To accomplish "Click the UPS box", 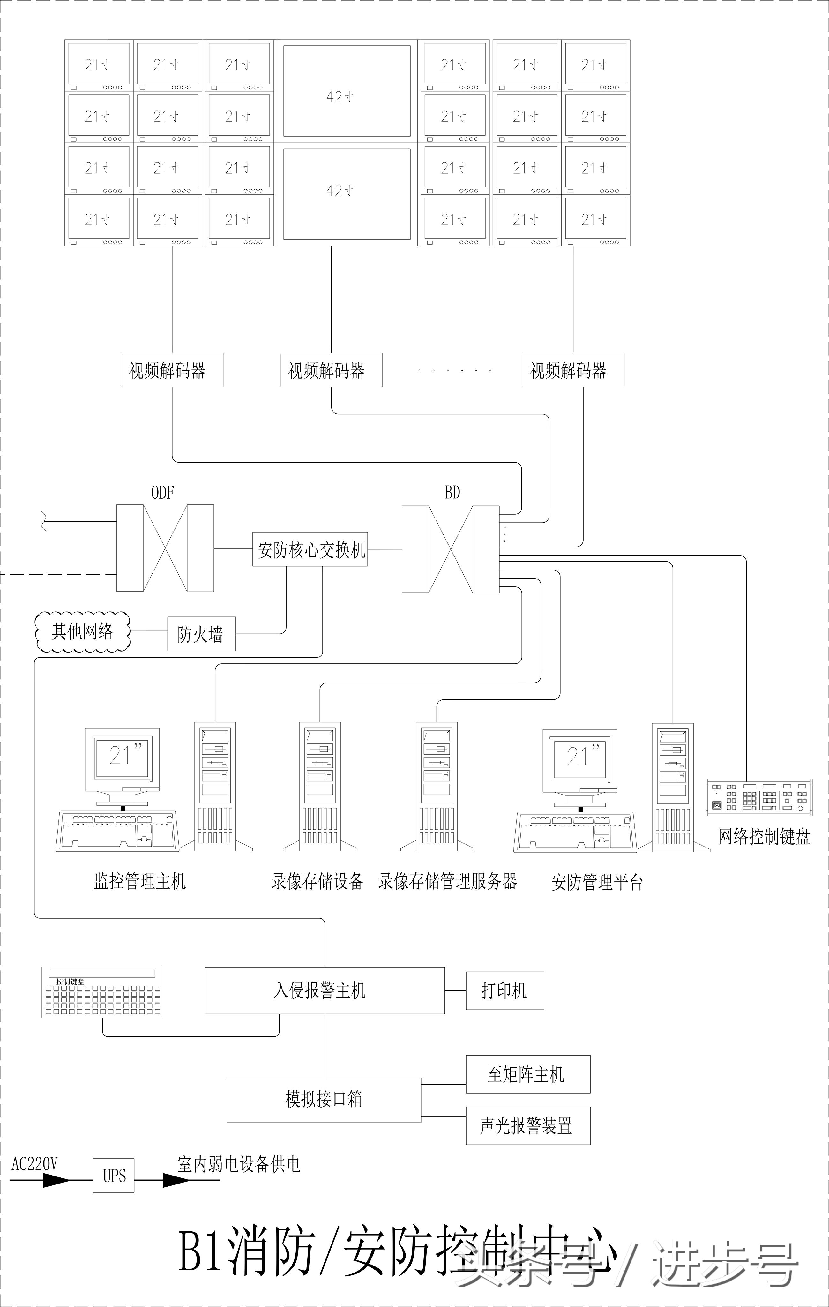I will [x=114, y=1176].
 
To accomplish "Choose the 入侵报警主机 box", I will [x=324, y=990].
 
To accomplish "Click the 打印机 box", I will [x=504, y=990].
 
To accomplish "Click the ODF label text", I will [x=162, y=493].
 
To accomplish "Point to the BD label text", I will [x=452, y=493].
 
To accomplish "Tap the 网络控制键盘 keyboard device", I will [x=758, y=797].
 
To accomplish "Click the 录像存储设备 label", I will [x=317, y=881].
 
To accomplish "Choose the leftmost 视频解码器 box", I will [x=172, y=370].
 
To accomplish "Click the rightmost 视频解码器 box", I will [x=573, y=370].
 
